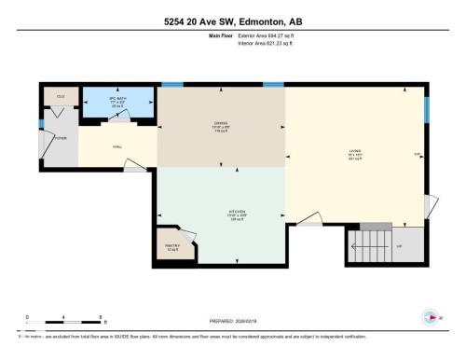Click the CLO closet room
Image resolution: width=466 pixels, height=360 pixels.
coord(60,97)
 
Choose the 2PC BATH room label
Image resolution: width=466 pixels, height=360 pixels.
coord(118,99)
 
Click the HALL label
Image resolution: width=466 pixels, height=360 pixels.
coord(117,145)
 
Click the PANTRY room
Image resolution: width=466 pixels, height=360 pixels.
coord(172,247)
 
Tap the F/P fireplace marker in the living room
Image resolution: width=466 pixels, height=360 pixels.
coord(417,154)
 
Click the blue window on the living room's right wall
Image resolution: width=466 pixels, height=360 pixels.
coord(427,110)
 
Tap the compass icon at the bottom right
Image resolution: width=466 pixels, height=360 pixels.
coord(430,316)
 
